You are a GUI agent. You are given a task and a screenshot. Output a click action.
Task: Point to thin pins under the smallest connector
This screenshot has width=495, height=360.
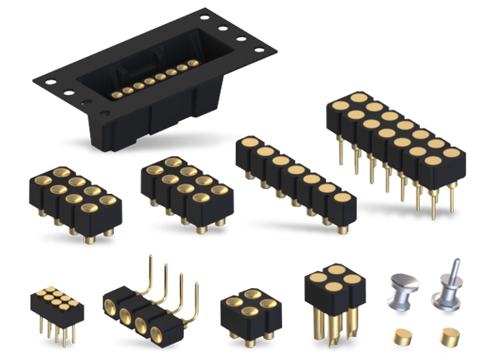(55, 332)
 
